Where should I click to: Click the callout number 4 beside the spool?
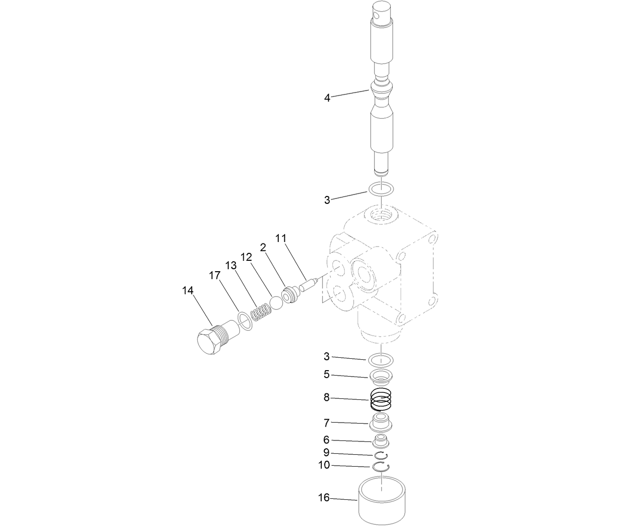327,98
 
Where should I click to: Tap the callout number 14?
188,290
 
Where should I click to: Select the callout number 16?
323,498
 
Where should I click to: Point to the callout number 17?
214,276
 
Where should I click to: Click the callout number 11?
281,238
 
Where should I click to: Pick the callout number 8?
326,397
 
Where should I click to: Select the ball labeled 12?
276,303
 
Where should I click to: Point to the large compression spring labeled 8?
381,399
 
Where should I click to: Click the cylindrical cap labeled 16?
382,500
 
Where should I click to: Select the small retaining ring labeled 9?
381,455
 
